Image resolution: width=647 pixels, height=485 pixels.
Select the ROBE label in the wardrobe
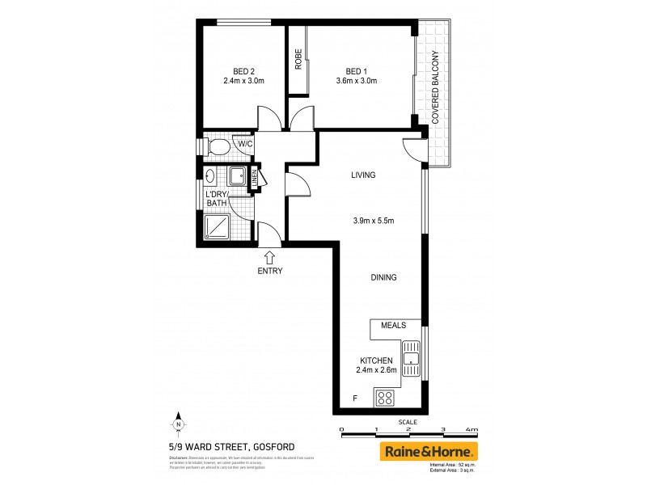[298, 61]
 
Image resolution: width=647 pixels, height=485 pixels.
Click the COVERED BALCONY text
[435, 87]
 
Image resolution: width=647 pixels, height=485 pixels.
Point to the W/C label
[245, 144]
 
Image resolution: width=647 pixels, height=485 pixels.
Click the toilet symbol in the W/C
[217, 146]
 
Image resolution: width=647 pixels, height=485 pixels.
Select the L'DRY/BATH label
[217, 199]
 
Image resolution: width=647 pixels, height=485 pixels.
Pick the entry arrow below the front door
[269, 256]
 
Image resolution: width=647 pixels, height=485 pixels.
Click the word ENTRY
[270, 271]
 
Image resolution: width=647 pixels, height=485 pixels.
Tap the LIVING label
[364, 175]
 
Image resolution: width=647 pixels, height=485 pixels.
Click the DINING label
[383, 277]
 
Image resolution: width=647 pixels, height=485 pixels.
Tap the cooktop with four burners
[384, 398]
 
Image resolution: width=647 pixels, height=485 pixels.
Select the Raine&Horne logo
[429, 451]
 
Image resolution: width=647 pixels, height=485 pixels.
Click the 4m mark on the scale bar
[472, 430]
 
